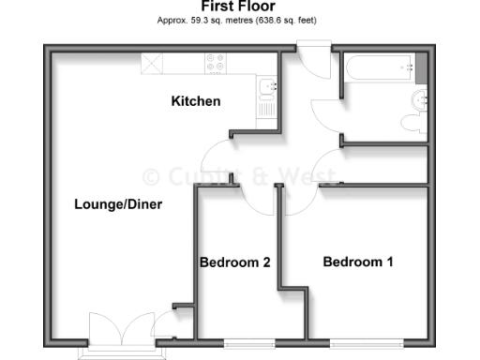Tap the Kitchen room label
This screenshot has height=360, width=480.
point(195,101)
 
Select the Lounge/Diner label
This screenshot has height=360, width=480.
point(112,204)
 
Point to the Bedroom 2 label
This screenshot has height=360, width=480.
point(235,262)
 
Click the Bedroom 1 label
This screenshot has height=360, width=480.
point(358,262)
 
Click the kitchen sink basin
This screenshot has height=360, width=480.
point(268,88)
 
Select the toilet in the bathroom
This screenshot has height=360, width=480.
point(411,122)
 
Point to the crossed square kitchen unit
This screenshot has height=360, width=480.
point(153,63)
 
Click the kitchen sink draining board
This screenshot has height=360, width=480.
point(268,108)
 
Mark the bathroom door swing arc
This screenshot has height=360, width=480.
point(325,106)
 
